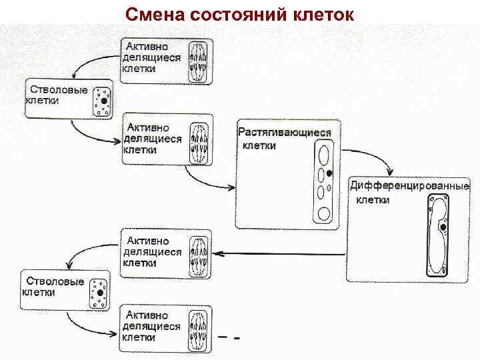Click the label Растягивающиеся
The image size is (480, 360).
[285, 133]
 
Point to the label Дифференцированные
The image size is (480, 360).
[409, 185]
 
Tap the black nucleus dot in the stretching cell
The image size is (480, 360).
[329, 173]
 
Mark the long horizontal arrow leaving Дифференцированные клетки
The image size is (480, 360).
[280, 253]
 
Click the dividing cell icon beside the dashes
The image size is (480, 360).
[200, 328]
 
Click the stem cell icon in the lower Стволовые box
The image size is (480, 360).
[99, 292]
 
